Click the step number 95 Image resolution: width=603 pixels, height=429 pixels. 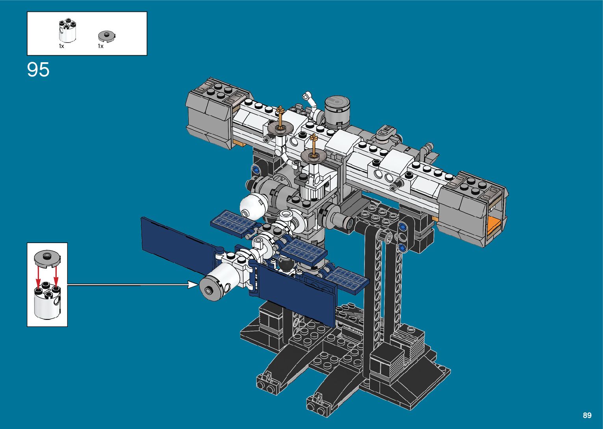[x=38, y=69]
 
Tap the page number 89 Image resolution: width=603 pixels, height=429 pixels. [x=587, y=415]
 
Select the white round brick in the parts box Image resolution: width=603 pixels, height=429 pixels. [x=67, y=30]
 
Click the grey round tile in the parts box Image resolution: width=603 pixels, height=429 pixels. [x=107, y=36]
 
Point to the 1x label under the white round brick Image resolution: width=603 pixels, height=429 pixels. [x=62, y=46]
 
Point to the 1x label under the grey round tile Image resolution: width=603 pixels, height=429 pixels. [x=101, y=46]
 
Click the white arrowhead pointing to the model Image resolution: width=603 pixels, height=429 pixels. [x=193, y=284]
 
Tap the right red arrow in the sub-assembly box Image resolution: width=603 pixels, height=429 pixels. [x=56, y=277]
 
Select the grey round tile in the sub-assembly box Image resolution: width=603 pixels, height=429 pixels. [x=47, y=258]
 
